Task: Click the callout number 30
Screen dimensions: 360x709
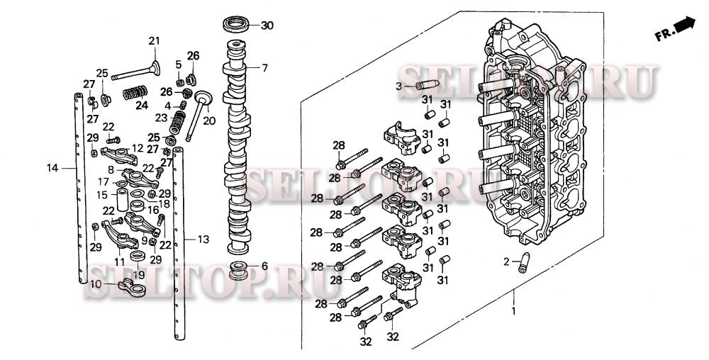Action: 267,26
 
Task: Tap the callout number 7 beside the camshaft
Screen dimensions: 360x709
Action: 264,69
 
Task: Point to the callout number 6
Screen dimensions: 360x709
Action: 264,266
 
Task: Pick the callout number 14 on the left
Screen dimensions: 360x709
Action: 51,168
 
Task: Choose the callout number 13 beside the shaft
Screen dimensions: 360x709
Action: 203,240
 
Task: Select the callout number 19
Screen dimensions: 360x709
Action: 139,274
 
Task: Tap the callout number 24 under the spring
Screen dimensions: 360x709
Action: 142,106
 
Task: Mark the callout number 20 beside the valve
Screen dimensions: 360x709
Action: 209,120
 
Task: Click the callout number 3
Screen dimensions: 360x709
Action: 398,86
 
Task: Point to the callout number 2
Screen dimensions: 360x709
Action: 507,261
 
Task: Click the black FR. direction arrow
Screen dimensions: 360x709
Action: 685,25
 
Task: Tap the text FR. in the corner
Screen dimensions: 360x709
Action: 662,33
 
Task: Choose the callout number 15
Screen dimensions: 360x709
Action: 102,195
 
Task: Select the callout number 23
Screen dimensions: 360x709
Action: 161,117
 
